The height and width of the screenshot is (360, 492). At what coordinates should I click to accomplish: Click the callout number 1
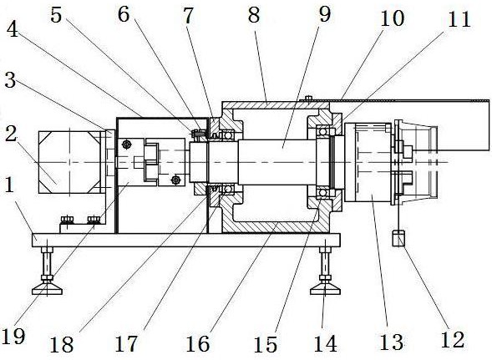click(9, 185)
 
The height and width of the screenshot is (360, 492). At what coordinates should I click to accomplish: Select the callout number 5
click(56, 15)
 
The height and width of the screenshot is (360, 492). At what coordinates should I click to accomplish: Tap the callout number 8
click(254, 15)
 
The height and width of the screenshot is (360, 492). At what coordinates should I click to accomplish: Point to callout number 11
click(459, 19)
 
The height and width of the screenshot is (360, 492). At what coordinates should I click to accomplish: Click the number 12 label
click(453, 339)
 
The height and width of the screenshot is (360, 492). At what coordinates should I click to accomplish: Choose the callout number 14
click(326, 343)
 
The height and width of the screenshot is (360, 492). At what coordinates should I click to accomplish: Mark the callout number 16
click(198, 343)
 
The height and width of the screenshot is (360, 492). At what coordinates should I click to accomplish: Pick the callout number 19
click(13, 336)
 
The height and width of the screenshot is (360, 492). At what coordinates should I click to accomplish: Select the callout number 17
click(126, 343)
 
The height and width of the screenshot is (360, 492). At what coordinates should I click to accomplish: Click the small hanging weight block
click(398, 238)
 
